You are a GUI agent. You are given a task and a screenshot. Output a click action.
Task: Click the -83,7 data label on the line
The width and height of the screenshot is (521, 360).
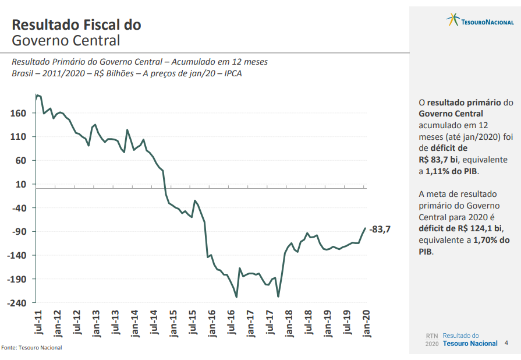pyautogui.click(x=380, y=230)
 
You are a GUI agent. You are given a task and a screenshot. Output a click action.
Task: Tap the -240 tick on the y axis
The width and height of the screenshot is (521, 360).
pyautogui.click(x=16, y=303)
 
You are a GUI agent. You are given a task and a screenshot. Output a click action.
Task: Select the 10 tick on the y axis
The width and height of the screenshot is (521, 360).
pyautogui.click(x=21, y=184)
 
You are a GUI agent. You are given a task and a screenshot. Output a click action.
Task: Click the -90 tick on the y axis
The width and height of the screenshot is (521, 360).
pyautogui.click(x=17, y=231)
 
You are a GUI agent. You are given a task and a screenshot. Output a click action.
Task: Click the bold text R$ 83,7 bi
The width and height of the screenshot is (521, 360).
pyautogui.click(x=438, y=160)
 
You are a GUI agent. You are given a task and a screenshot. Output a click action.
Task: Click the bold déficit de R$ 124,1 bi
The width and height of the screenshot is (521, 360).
pyautogui.click(x=460, y=228)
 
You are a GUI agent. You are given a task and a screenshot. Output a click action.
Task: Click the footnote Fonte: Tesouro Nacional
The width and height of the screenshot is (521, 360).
pyautogui.click(x=31, y=348)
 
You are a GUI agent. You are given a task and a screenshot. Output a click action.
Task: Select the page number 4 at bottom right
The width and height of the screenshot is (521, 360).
pyautogui.click(x=506, y=343)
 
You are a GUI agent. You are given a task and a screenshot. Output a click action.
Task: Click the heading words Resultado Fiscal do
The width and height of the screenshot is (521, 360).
pyautogui.click(x=76, y=25)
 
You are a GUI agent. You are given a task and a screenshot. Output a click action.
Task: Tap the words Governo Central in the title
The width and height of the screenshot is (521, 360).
pyautogui.click(x=66, y=41)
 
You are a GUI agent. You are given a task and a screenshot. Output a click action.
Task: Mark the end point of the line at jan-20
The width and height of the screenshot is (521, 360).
pyautogui.click(x=365, y=228)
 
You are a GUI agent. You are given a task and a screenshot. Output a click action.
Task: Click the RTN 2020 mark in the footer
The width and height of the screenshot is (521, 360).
pyautogui.click(x=432, y=340)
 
